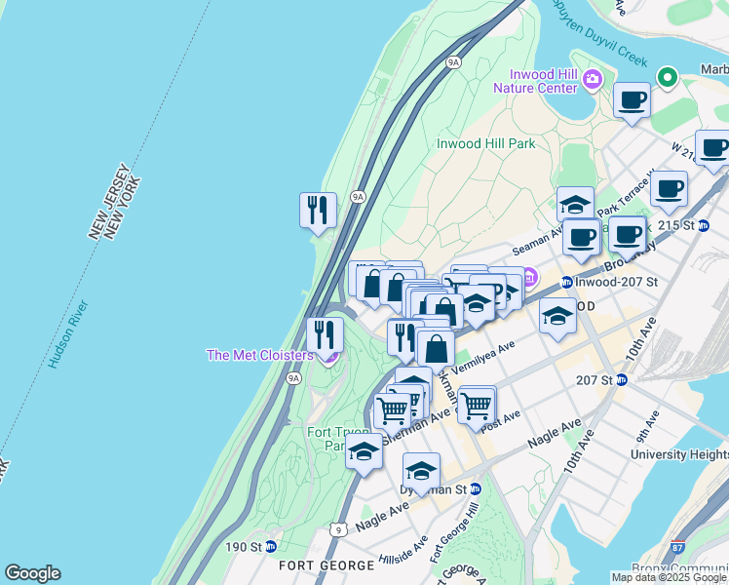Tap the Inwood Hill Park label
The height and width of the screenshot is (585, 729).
(x=485, y=143)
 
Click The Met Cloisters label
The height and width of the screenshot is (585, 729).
(x=259, y=355)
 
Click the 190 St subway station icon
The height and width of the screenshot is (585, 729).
(x=271, y=546)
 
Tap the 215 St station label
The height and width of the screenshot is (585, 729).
(x=681, y=225)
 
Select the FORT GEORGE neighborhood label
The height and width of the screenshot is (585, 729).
(x=326, y=565)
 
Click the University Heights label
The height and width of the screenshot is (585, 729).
(x=678, y=454)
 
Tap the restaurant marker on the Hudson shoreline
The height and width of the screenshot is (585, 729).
(x=318, y=209)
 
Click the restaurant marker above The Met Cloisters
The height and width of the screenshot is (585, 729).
(x=325, y=334)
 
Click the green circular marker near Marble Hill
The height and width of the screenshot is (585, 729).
(x=668, y=76)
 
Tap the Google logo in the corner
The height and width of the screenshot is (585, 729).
(x=32, y=573)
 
